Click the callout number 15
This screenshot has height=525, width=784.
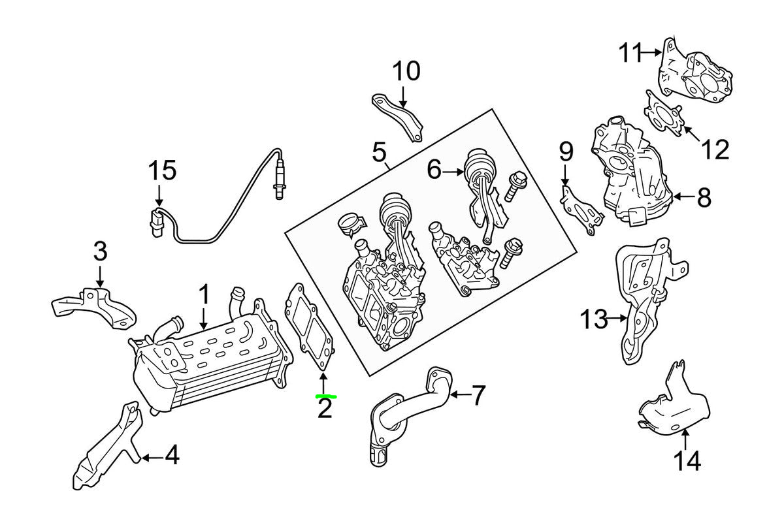[x=161, y=171]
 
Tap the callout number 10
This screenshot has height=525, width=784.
[x=406, y=71]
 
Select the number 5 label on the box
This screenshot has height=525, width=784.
[x=380, y=153]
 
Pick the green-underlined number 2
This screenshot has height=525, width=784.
[x=325, y=409]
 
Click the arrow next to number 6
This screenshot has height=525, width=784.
[x=453, y=172]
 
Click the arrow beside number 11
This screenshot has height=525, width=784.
[x=653, y=52]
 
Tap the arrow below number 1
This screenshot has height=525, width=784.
[x=204, y=319]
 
